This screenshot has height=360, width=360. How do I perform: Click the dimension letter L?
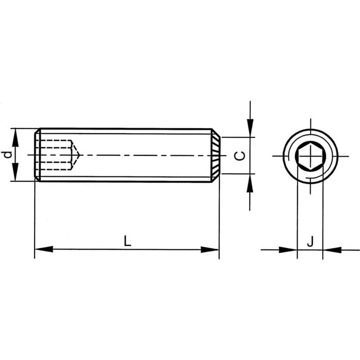(x=128, y=241)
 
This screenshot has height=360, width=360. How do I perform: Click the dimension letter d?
(x=7, y=155)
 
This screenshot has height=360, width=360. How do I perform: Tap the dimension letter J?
(x=310, y=242)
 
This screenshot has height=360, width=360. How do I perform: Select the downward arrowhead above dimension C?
(x=250, y=128)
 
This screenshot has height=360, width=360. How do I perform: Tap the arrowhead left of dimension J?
(x=288, y=249)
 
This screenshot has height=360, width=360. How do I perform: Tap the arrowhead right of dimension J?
(x=332, y=249)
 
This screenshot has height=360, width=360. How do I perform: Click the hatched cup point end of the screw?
(x=216, y=155)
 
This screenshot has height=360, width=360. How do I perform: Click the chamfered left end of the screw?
(x=37, y=155)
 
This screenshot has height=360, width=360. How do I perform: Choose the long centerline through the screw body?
(x=144, y=155)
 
